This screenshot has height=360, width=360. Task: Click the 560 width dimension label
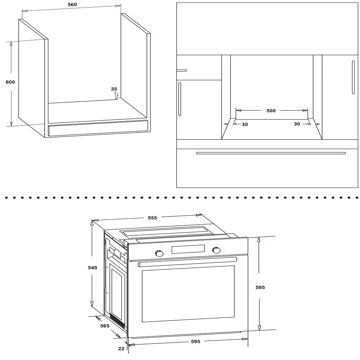pos(72,5)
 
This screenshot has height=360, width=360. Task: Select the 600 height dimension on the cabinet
pos(10,82)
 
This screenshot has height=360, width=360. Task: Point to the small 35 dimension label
pos(114,89)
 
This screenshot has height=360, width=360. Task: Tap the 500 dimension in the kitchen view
pos(271,111)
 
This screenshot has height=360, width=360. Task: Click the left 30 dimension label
pos(245,125)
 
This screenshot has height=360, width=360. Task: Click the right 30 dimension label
pos(297,124)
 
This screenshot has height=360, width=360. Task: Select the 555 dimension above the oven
pos(152,218)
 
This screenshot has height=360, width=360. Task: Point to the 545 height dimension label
pos(93,267)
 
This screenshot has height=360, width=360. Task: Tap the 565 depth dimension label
pos(105,326)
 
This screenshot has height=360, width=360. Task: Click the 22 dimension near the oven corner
pos(121,348)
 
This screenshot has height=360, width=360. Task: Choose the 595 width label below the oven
pos(195,342)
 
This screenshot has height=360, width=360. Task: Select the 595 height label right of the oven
pos(260,287)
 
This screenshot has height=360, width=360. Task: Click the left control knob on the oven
pos(159,253)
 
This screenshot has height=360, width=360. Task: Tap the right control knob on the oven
pos(216,250)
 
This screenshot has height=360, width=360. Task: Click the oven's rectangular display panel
pos(188,249)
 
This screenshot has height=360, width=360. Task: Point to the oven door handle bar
pos(187,262)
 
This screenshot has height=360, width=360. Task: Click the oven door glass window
pos(188,294)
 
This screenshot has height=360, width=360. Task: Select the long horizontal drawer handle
pos(271,153)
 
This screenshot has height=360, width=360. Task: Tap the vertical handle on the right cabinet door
pos(353,77)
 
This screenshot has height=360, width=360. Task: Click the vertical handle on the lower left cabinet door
pos(180,99)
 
